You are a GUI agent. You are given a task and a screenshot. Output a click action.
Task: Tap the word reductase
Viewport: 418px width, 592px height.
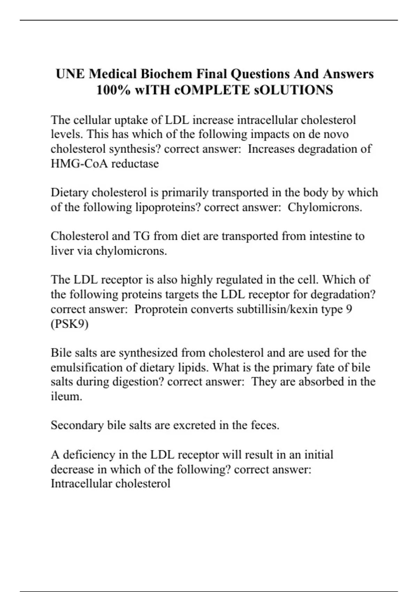tap(135, 163)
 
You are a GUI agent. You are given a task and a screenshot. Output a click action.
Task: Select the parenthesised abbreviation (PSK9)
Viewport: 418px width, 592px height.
tap(70, 324)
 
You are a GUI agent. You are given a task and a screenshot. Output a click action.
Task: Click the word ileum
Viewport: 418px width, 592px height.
tap(66, 396)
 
